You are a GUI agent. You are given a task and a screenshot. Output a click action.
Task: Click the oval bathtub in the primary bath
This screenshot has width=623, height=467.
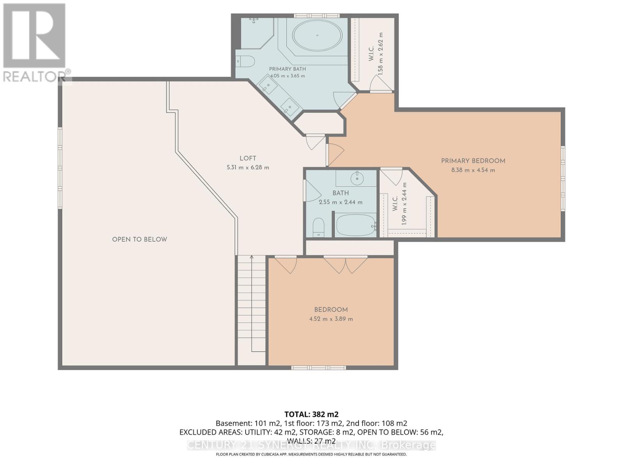(x=317, y=35)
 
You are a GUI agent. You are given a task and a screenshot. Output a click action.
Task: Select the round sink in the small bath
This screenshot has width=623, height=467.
(x=357, y=178)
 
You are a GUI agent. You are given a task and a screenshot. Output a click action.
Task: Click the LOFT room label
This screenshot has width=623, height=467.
(x=248, y=158)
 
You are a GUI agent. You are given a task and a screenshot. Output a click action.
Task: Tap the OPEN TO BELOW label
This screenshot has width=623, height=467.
(x=139, y=239)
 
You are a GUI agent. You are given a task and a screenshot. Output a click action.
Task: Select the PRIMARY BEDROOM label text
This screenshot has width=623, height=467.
(x=473, y=161)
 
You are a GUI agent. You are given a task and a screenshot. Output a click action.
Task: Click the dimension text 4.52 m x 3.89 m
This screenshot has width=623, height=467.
(x=331, y=319)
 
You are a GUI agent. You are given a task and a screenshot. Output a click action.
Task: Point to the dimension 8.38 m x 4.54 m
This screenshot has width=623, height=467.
(x=473, y=170)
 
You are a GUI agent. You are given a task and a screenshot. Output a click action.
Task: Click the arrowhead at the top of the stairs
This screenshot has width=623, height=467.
(x=251, y=257)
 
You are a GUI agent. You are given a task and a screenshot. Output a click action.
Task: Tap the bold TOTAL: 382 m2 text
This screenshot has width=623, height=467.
(x=311, y=414)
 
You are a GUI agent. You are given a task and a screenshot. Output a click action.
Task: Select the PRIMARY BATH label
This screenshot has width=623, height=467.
(x=287, y=69)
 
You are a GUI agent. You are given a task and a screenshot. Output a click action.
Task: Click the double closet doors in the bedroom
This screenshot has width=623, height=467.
(x=345, y=265)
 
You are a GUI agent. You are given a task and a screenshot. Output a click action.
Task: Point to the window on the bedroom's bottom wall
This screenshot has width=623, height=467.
(x=319, y=368)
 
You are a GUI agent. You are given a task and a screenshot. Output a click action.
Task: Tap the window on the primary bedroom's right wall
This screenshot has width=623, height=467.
(x=563, y=178)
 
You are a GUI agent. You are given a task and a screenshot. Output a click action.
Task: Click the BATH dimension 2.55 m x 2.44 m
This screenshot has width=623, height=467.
(x=340, y=202)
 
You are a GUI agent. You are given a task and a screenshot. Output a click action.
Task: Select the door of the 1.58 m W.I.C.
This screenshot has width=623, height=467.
(x=381, y=83)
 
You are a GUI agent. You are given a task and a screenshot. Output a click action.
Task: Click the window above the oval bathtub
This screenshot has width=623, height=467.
(x=317, y=16)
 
